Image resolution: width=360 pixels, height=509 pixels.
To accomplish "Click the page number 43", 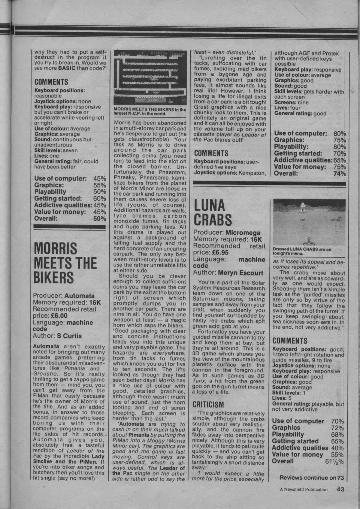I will [340, 489].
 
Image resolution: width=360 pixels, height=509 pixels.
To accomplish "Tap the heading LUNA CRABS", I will [213, 212].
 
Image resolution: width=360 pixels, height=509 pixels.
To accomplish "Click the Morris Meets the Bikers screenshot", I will [149, 78].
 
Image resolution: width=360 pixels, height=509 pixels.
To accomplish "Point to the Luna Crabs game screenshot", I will [309, 222].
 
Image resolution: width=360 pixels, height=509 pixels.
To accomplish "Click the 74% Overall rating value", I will [339, 174].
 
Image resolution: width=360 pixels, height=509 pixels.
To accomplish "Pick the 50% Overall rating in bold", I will [100, 219].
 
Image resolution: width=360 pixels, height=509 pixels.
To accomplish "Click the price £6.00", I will [59, 316].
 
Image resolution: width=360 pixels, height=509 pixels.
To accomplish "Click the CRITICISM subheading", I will [208, 404].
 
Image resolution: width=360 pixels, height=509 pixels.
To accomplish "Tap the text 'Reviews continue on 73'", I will [311, 478].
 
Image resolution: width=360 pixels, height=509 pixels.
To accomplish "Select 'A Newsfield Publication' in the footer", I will [303, 490].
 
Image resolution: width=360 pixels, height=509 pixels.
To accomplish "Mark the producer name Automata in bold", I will [79, 296].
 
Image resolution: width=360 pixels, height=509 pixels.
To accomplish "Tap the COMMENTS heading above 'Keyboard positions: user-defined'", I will [211, 153].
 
